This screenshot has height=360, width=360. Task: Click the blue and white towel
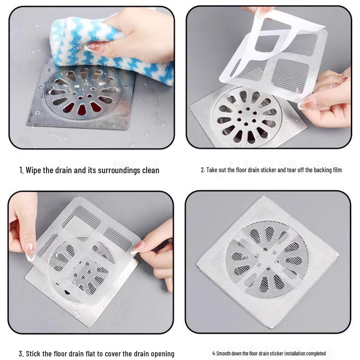tap(91, 41)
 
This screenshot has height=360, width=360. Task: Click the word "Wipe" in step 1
tap(35, 170)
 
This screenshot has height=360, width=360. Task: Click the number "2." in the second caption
tap(203, 170)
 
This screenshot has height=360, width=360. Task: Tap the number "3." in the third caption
tap(21, 354)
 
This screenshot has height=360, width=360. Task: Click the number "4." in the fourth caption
tap(214, 354)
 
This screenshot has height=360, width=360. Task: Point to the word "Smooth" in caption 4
tap(224, 354)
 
